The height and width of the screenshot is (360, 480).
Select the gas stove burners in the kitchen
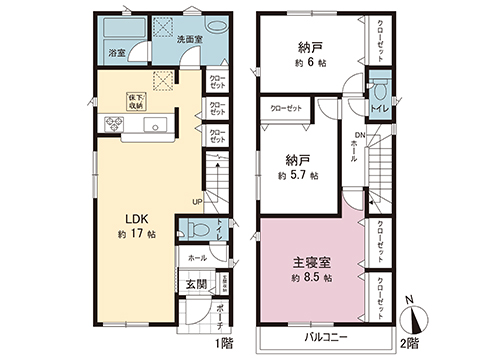(113, 124)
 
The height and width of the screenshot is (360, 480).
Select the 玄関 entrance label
(195, 282)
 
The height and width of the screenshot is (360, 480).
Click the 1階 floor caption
(223, 340)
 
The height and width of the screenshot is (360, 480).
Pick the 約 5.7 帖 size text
(299, 174)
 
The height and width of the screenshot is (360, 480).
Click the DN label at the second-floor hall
(359, 136)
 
